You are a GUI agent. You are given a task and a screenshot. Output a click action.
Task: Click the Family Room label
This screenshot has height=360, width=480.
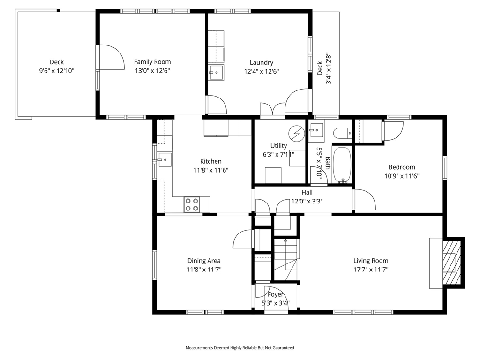click(x=152, y=62)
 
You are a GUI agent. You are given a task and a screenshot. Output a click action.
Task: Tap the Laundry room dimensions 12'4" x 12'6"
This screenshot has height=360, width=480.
click(x=262, y=71)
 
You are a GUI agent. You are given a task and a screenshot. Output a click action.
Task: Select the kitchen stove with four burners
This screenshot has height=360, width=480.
click(x=192, y=204)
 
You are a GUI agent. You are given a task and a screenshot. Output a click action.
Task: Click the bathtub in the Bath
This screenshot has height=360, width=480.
click(x=342, y=165)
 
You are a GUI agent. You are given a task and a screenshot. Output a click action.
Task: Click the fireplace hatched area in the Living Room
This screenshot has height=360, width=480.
click(x=452, y=262)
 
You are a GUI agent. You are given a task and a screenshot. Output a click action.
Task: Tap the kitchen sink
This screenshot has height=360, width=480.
click(x=165, y=160)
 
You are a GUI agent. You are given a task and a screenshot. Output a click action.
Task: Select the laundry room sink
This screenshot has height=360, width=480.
click(x=217, y=73)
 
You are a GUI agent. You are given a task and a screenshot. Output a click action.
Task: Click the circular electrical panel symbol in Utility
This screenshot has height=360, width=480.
click(x=296, y=133)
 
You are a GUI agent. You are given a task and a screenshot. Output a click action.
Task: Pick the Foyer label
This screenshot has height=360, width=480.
click(x=275, y=294)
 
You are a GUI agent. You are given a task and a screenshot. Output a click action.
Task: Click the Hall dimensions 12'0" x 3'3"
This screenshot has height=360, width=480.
click(x=307, y=202)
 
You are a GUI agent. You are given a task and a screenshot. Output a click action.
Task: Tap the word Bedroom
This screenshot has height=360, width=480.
click(x=402, y=167)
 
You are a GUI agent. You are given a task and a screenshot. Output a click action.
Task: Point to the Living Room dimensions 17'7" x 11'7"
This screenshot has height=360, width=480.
click(x=371, y=270)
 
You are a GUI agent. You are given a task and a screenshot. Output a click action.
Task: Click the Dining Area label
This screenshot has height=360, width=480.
click(x=204, y=261)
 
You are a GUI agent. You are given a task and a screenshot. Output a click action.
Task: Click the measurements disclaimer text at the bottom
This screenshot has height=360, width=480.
click(x=240, y=348)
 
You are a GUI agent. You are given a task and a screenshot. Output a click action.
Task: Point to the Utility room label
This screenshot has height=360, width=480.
click(x=278, y=146)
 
